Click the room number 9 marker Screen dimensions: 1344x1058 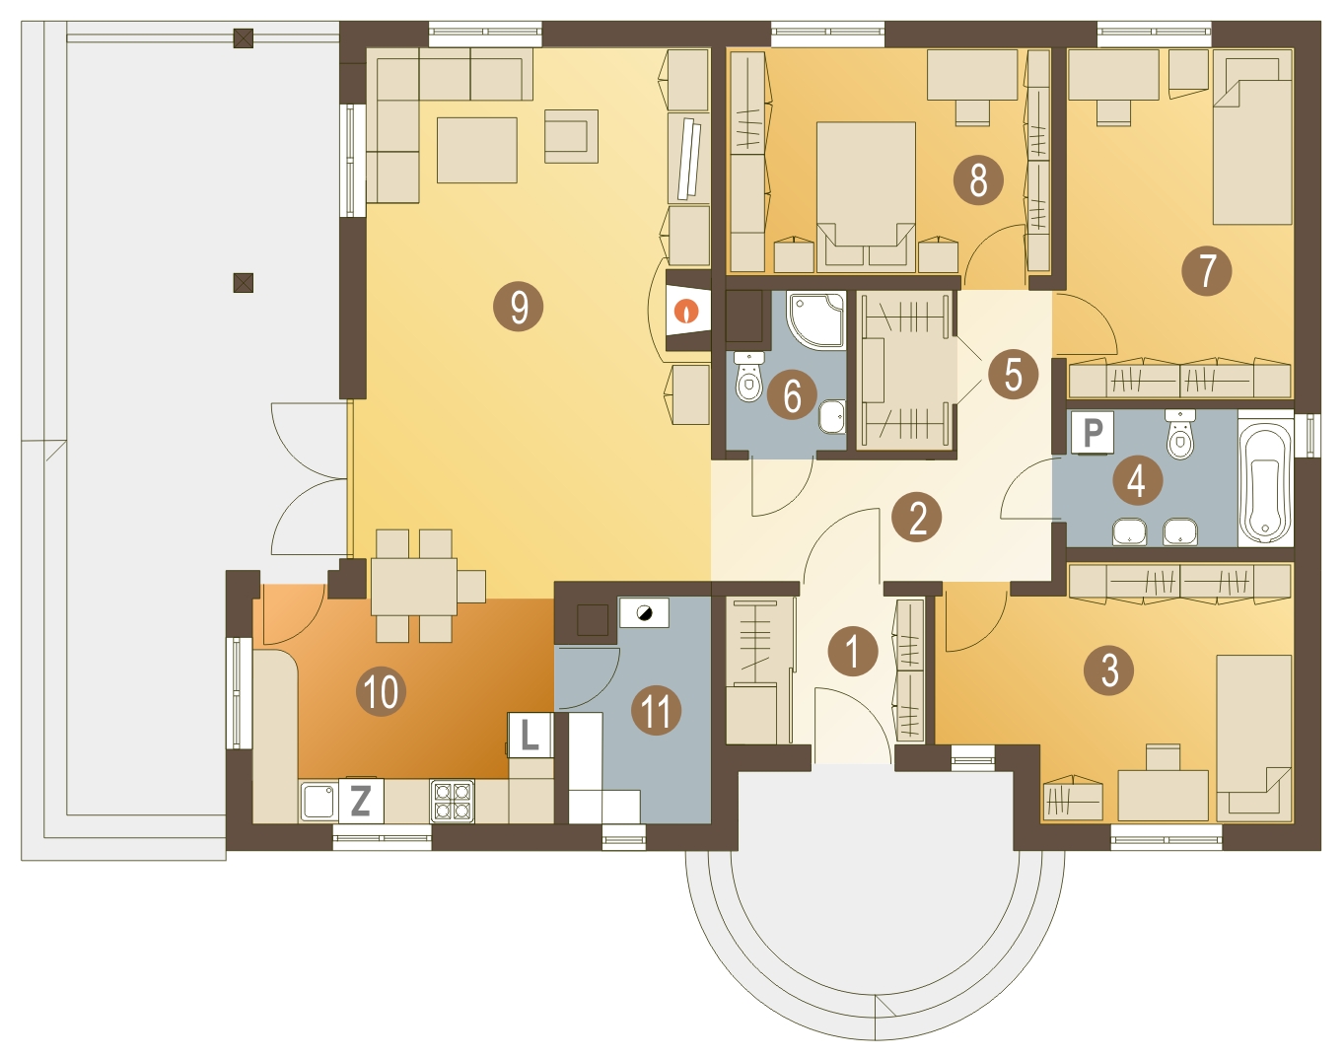(x=518, y=307)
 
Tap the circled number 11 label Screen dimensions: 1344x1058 (x=656, y=710)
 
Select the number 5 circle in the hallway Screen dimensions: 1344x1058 (x=1013, y=374)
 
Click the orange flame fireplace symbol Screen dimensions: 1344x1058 (x=687, y=311)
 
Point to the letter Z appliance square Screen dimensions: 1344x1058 (x=360, y=800)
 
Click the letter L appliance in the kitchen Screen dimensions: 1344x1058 (x=531, y=736)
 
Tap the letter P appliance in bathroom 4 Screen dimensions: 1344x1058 (x=1093, y=432)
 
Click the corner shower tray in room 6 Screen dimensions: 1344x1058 (x=816, y=320)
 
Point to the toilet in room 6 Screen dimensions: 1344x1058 (x=748, y=377)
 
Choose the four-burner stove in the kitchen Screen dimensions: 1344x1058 (x=453, y=801)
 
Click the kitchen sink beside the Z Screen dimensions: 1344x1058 (x=319, y=802)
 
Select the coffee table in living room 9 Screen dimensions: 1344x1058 (x=476, y=150)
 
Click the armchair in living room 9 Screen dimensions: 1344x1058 (x=571, y=136)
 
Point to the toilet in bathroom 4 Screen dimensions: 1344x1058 (x=1179, y=434)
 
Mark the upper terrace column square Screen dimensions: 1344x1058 (x=243, y=38)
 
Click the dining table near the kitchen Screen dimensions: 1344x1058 (x=414, y=587)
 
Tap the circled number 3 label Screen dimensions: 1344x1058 (x=1109, y=670)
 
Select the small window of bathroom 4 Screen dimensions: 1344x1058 (x=1308, y=435)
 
